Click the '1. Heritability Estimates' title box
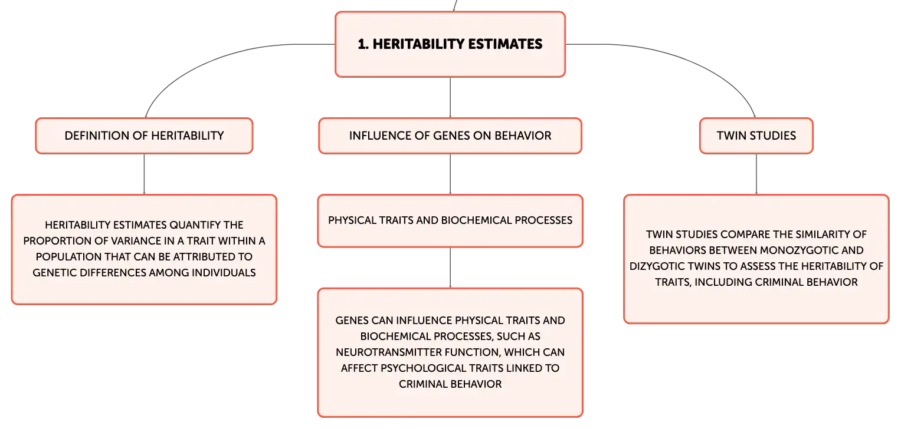coord(450,44)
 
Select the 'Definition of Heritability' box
coord(144,136)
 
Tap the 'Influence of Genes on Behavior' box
coord(450,136)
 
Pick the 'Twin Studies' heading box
coord(756,136)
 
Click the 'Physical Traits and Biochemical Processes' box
coord(450,221)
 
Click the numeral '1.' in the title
coord(363,44)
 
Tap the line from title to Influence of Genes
coord(450,97)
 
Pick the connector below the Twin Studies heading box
coord(756,174)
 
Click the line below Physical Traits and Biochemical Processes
coord(450,268)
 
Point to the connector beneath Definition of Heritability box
coord(144,174)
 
